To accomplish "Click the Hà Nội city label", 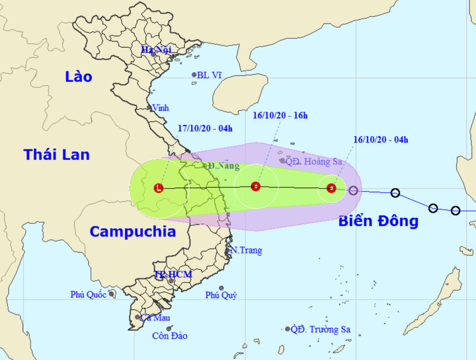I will point(156,50).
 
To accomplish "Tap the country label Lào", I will point(79,77).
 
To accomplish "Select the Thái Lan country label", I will point(56,155).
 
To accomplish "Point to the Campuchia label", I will point(132,231).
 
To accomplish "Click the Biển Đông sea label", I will point(378,221).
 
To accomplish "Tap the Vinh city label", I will point(160,108).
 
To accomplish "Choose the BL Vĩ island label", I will point(210,75).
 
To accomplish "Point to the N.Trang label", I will point(247,250).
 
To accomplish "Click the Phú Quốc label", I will point(89,295).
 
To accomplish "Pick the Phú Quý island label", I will point(221,295).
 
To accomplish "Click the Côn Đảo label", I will point(170,336).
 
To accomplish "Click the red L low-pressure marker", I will point(158,188).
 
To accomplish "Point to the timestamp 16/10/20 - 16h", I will point(280,116).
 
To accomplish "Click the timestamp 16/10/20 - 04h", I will point(381,139).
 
